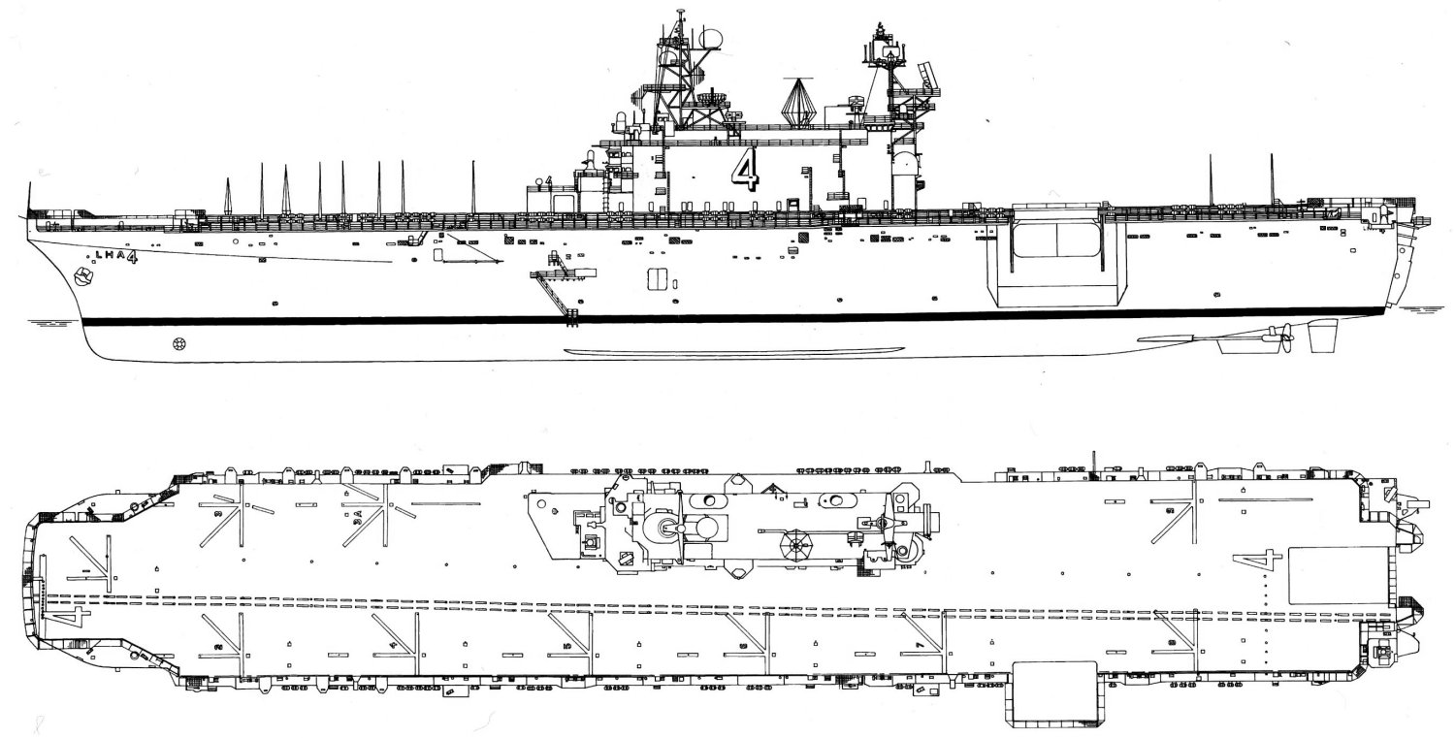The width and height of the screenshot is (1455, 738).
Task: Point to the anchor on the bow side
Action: click(84, 278)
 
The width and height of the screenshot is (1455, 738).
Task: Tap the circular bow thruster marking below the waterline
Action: click(178, 342)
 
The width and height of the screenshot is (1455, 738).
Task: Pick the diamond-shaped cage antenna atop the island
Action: click(797, 100)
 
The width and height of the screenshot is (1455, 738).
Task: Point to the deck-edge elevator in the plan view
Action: click(1054, 693)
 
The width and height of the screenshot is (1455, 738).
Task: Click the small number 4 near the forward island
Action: click(548, 180)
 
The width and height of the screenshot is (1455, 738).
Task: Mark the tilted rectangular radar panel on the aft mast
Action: click(929, 75)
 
